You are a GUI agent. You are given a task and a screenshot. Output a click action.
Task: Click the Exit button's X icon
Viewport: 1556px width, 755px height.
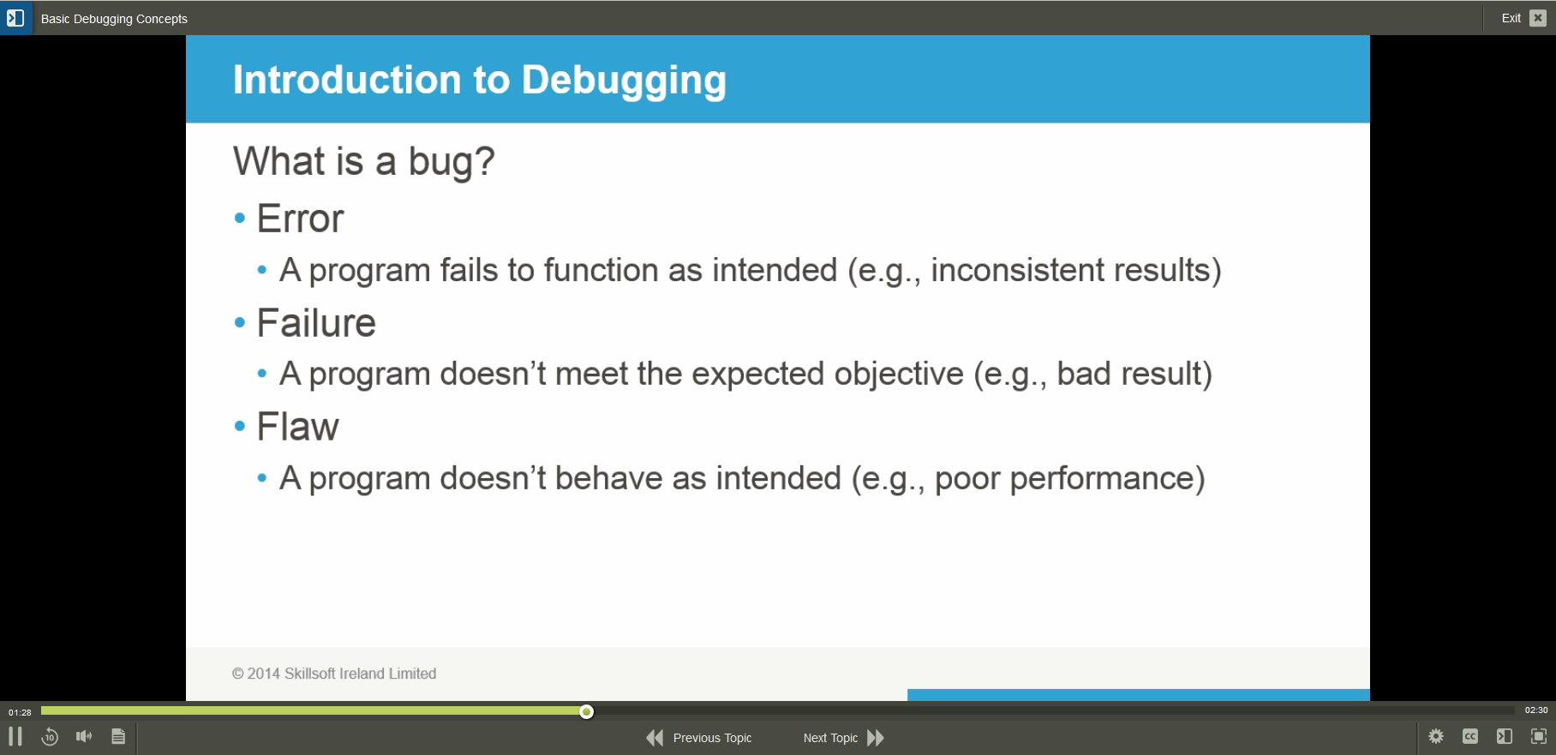click(x=1538, y=18)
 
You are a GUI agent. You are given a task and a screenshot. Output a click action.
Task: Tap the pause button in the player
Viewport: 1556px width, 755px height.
click(x=15, y=736)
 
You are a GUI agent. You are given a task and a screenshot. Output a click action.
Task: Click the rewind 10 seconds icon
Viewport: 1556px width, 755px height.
click(x=50, y=736)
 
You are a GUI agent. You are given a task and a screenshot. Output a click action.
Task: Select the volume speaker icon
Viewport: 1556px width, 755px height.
click(x=84, y=736)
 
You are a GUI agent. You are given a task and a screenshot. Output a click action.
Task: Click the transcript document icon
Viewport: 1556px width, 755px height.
click(x=118, y=736)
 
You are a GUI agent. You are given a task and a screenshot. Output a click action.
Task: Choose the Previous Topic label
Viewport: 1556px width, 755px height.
click(x=712, y=738)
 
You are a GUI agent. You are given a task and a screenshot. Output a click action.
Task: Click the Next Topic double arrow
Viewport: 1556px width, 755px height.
click(x=876, y=738)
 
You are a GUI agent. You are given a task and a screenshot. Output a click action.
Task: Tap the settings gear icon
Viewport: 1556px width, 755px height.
click(x=1436, y=736)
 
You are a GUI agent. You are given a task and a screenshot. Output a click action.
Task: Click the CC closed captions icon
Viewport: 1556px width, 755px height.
click(x=1470, y=736)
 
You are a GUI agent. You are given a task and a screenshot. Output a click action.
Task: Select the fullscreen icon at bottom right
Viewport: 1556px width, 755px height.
click(x=1539, y=736)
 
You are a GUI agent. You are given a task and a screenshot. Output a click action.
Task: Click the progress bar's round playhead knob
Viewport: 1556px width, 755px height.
click(x=586, y=711)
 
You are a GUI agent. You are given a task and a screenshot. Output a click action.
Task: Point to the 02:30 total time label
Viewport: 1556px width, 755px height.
click(x=1535, y=710)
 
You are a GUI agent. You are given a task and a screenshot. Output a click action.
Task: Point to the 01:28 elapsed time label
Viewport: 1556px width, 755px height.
click(x=20, y=712)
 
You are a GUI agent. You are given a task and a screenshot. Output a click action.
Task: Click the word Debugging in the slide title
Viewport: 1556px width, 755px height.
click(x=624, y=81)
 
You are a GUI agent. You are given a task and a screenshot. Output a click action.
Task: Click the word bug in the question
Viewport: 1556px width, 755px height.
click(x=439, y=162)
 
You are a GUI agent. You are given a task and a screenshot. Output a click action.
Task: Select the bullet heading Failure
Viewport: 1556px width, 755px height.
click(x=316, y=323)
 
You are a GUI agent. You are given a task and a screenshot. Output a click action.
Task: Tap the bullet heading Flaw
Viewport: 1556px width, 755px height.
click(x=298, y=427)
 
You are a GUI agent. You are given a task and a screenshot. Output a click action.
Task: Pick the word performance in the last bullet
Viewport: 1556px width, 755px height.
click(x=1106, y=478)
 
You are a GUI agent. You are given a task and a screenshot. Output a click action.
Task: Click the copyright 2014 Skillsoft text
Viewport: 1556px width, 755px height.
click(x=334, y=674)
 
